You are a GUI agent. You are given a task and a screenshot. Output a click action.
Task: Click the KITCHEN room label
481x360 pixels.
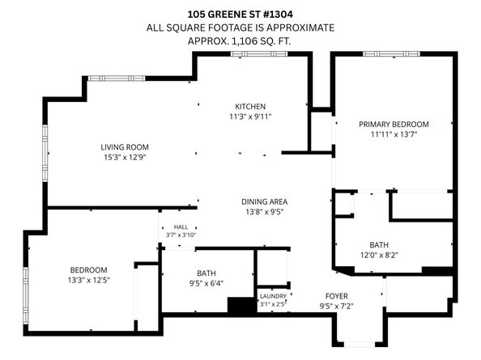(x=250, y=106)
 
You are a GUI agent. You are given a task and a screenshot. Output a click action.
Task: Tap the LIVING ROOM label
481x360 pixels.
(x=125, y=147)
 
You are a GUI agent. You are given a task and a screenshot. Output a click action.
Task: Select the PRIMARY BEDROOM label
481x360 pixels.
(x=394, y=124)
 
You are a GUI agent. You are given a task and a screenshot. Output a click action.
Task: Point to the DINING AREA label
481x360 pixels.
(x=264, y=201)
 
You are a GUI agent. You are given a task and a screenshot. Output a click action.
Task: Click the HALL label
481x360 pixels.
(x=181, y=227)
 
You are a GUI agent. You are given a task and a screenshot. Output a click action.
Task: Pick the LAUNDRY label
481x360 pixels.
(x=273, y=296)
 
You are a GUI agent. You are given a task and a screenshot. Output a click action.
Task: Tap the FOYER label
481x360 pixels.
(x=337, y=296)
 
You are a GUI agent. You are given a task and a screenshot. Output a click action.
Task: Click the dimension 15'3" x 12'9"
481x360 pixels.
(x=125, y=157)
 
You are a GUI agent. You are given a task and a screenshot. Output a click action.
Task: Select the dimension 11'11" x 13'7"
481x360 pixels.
(x=394, y=134)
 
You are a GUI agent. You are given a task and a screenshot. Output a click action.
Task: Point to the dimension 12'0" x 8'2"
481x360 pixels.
(x=379, y=255)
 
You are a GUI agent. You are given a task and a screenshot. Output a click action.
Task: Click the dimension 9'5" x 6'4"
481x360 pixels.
(x=206, y=283)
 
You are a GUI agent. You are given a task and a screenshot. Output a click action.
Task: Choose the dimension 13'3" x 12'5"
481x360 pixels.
(x=89, y=280)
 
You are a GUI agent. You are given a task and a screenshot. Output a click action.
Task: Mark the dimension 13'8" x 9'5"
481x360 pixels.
(x=265, y=212)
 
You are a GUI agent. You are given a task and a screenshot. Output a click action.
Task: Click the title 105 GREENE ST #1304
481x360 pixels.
(x=240, y=14)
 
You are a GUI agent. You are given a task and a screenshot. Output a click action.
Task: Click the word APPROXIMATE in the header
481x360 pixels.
(x=300, y=28)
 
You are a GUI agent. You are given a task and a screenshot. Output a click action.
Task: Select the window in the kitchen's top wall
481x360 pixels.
(x=259, y=54)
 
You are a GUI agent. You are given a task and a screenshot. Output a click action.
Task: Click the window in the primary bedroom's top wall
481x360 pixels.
(x=391, y=54)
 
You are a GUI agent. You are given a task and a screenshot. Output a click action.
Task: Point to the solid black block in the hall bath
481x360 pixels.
(x=242, y=305)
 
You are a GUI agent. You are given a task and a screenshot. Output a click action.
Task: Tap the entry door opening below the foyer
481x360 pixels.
(x=360, y=345)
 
